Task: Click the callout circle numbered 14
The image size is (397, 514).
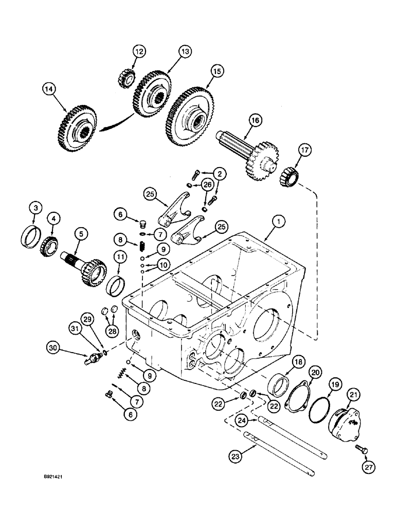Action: [x=49, y=89]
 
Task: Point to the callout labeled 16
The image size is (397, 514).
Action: [x=255, y=121]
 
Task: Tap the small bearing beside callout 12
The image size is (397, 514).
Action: [x=126, y=78]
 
